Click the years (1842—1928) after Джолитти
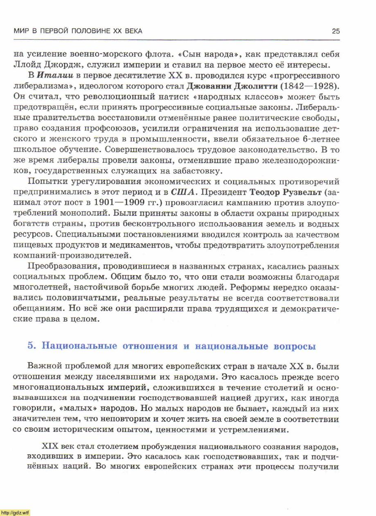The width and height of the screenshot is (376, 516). [x=311, y=86]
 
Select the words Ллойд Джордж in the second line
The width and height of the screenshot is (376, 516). [x=41, y=65]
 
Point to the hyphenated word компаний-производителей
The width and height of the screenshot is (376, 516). [x=72, y=256]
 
